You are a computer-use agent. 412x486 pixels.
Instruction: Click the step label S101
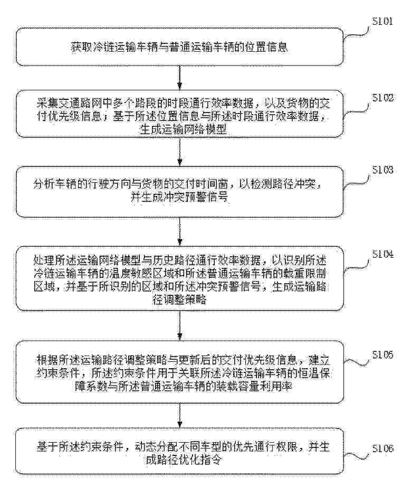coord(382,21)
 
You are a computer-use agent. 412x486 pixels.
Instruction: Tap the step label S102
coord(382,98)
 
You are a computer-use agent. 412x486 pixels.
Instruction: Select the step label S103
coord(382,170)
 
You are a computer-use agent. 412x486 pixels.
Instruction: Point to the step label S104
coord(382,255)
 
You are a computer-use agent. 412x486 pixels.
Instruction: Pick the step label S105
coord(382,355)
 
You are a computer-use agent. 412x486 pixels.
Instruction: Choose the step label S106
coord(382,448)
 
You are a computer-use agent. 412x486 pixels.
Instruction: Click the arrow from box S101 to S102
coord(180,78)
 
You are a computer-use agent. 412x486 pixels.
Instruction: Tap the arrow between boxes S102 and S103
coord(180,152)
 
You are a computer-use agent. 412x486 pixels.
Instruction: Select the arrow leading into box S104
coord(180,231)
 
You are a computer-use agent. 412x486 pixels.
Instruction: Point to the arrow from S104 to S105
coord(180,325)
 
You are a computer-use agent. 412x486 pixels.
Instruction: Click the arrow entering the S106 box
coord(180,415)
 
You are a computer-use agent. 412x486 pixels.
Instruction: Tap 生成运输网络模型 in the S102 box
coord(183,129)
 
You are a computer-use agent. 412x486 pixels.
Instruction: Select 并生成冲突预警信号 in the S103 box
coord(179,197)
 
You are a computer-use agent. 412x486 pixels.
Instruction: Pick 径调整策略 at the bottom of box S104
coord(179,300)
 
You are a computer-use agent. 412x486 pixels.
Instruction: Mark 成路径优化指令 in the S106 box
coord(184,460)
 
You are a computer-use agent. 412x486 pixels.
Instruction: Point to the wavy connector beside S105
coord(357,361)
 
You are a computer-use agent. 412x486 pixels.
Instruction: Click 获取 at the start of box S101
coord(81,48)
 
